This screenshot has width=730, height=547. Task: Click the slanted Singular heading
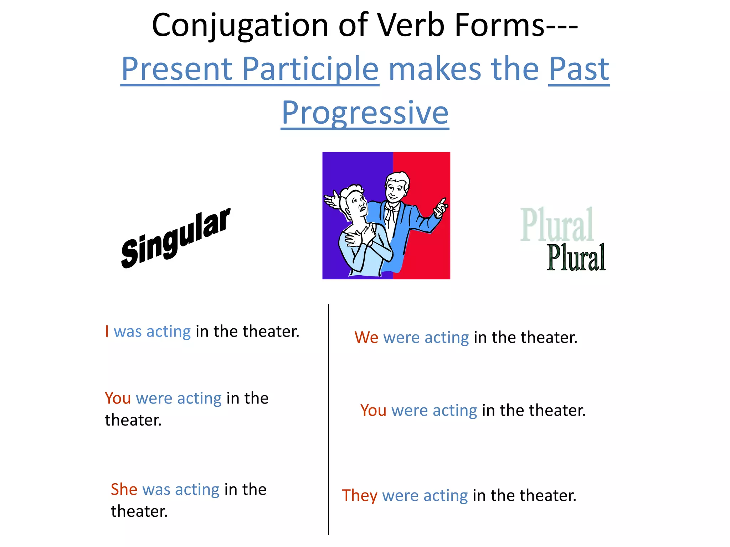[x=175, y=238]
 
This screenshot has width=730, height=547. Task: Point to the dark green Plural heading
[x=576, y=258]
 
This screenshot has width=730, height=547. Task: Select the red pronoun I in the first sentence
[x=107, y=331]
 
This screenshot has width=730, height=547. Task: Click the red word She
[x=124, y=489]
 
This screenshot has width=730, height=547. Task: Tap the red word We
[x=366, y=337]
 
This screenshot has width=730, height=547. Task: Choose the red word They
[x=359, y=495]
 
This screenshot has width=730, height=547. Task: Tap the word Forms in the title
[x=499, y=26]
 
